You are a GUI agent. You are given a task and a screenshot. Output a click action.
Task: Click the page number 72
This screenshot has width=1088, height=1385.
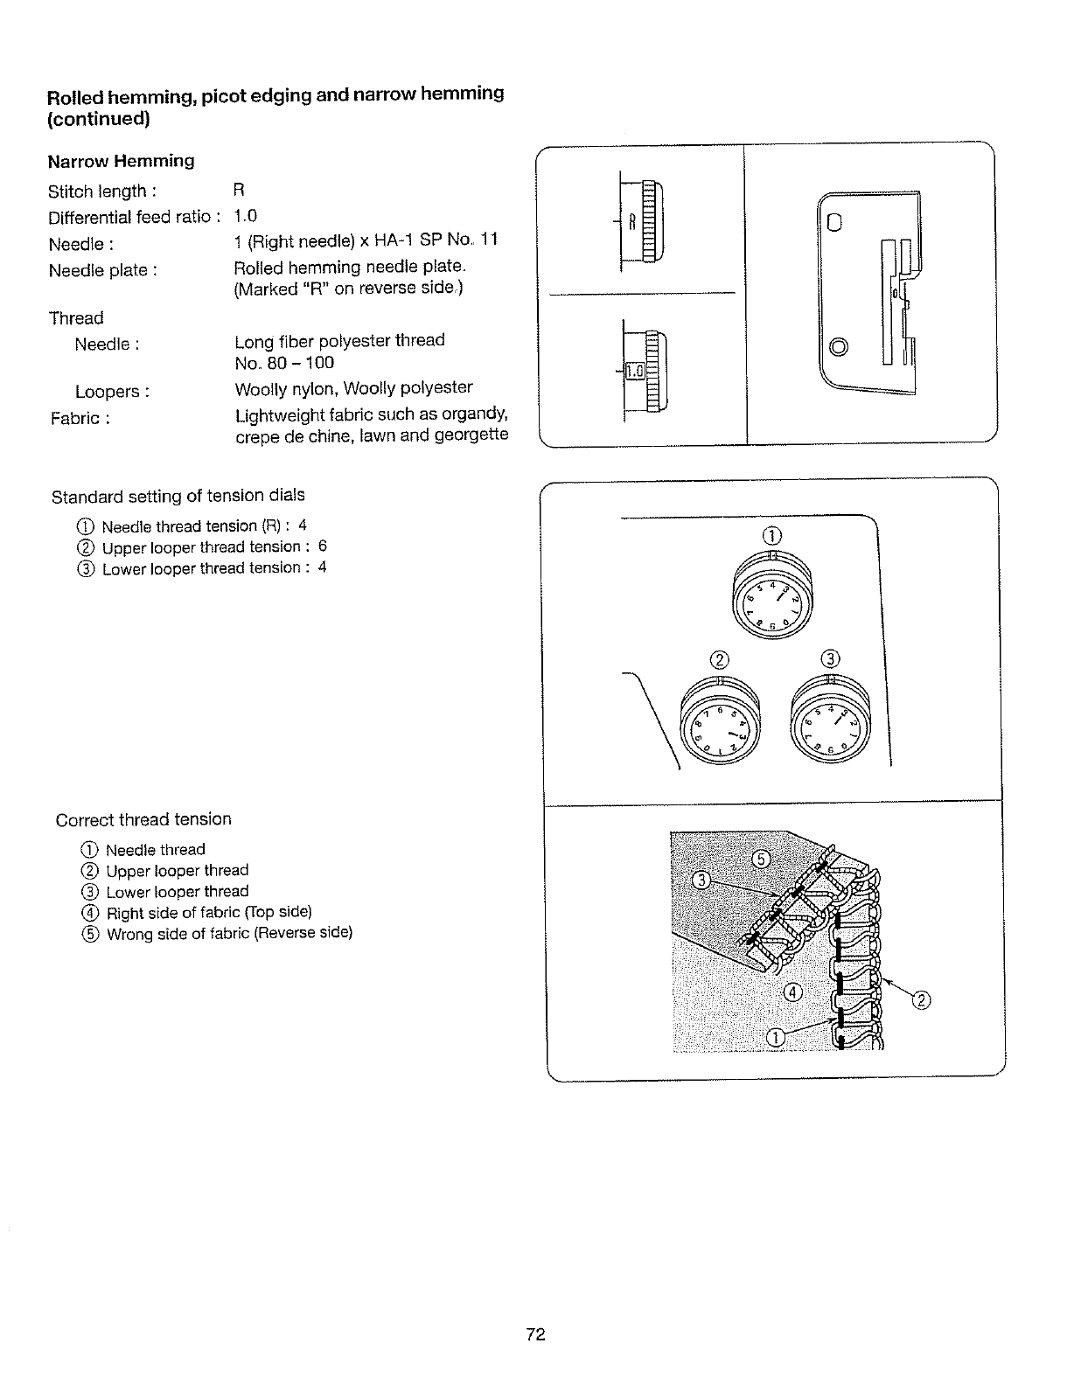click(x=536, y=1334)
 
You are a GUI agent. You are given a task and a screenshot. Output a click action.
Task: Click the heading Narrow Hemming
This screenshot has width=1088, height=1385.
click(x=121, y=161)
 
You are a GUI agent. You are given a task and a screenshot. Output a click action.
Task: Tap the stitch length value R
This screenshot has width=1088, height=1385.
click(x=239, y=191)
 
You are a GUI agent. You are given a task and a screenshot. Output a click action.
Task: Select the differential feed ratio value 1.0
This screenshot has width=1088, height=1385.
click(x=246, y=216)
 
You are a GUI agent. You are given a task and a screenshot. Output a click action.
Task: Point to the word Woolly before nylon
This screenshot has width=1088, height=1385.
click(x=263, y=388)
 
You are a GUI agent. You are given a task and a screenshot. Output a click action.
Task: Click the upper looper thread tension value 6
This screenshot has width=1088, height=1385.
click(x=322, y=546)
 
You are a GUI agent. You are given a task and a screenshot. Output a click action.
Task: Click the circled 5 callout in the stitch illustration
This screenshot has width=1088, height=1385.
click(x=761, y=859)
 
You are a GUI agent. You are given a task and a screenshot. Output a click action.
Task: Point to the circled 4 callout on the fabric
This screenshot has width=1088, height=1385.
click(x=793, y=992)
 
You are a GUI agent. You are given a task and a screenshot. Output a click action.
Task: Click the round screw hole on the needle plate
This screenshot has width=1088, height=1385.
click(x=839, y=348)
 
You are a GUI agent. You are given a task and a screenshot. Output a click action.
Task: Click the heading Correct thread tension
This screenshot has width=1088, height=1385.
click(x=143, y=820)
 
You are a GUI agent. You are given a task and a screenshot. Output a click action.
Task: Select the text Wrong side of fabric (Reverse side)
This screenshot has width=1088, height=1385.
click(x=229, y=933)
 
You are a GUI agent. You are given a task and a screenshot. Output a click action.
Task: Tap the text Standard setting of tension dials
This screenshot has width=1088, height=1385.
click(x=178, y=497)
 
